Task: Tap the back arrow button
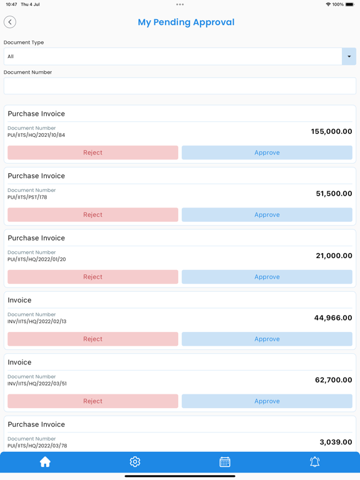(x=10, y=22)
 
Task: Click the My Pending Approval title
(x=186, y=22)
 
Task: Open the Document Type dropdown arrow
(x=349, y=56)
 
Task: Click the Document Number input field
(x=180, y=86)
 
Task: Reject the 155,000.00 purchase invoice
(x=92, y=152)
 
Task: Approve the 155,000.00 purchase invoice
(x=267, y=152)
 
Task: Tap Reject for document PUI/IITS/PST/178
(x=92, y=214)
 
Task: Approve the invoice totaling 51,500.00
(x=267, y=214)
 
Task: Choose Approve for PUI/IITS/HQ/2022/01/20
(x=267, y=277)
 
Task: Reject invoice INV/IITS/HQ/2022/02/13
(x=92, y=339)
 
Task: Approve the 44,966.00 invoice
(x=267, y=339)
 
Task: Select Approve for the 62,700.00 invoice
(x=267, y=401)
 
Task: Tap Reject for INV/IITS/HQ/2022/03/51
(x=92, y=401)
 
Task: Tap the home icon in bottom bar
(x=45, y=462)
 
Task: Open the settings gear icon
(x=135, y=462)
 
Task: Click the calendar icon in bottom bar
(x=225, y=462)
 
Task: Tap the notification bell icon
(x=315, y=462)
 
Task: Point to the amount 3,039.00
(x=336, y=442)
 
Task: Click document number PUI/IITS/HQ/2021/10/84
(x=36, y=135)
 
